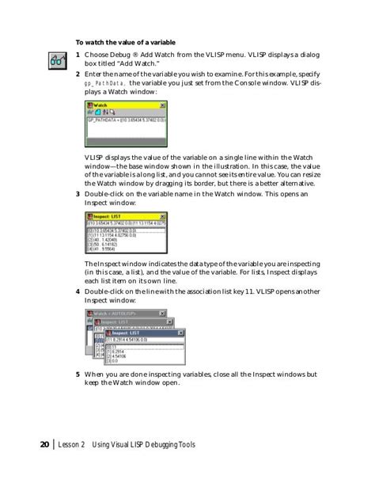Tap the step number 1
78,55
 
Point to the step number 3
78,194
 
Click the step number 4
78,291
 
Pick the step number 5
78,373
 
